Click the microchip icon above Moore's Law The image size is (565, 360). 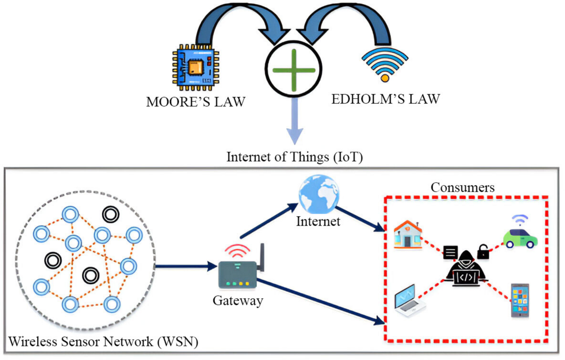pyautogui.click(x=195, y=67)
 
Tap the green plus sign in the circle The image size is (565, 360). pyautogui.click(x=294, y=70)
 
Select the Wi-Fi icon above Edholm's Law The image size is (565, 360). pyautogui.click(x=385, y=65)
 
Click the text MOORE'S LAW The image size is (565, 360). pyautogui.click(x=196, y=102)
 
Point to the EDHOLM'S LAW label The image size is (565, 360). pyautogui.click(x=386, y=99)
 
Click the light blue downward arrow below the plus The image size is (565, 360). pyautogui.click(x=294, y=121)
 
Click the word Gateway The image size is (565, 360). pyautogui.click(x=238, y=301)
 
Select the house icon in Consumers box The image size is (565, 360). pyautogui.click(x=408, y=235)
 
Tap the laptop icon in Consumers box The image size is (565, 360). pyautogui.click(x=409, y=301)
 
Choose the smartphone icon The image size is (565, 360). pyautogui.click(x=520, y=300)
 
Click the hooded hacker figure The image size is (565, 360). pyautogui.click(x=466, y=269)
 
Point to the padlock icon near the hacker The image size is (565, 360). pyautogui.click(x=483, y=252)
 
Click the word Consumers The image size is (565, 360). pyautogui.click(x=462, y=188)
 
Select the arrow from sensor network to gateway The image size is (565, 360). pyautogui.click(x=186, y=266)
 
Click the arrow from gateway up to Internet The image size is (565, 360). pyautogui.click(x=269, y=221)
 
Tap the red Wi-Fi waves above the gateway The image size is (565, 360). pyautogui.click(x=237, y=250)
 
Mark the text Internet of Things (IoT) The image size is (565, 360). pyautogui.click(x=295, y=157)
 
